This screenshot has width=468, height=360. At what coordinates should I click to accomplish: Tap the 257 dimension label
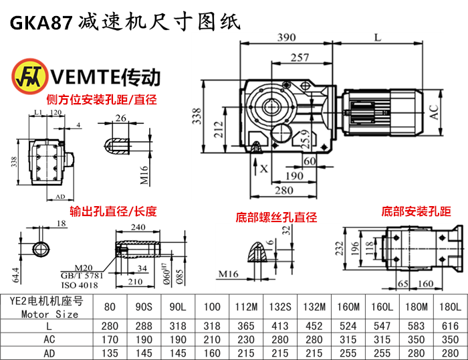(300, 58)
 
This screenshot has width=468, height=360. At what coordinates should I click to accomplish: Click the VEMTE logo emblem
(25, 76)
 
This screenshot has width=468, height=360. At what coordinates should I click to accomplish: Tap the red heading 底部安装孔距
(416, 211)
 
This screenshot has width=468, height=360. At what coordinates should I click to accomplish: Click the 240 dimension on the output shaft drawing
(139, 228)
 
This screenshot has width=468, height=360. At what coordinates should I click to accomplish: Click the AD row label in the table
(49, 353)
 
